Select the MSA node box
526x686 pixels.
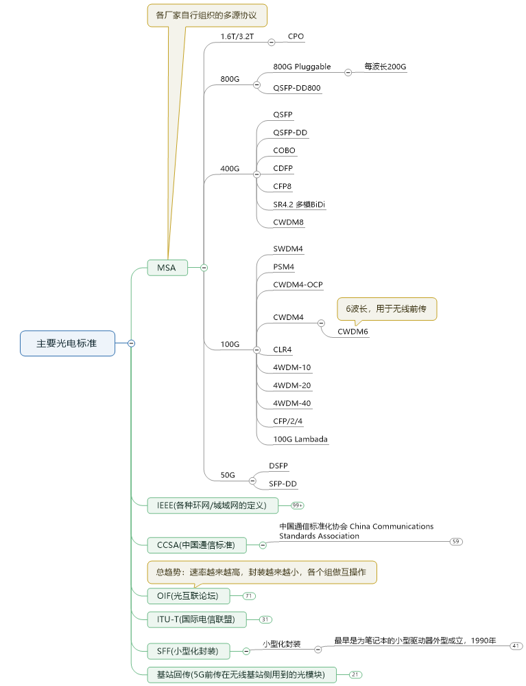click(x=167, y=267)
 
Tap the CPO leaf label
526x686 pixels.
click(x=296, y=36)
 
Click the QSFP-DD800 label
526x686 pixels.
click(x=297, y=88)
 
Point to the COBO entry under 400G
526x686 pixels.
click(x=285, y=150)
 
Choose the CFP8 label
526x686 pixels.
click(x=283, y=186)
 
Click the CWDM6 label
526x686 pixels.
click(x=352, y=332)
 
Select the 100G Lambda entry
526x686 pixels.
click(x=300, y=439)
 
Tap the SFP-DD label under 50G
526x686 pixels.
click(x=283, y=484)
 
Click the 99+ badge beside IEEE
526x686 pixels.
click(x=298, y=505)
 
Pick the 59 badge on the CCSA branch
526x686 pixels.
click(x=456, y=542)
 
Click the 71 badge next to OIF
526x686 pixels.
click(x=249, y=595)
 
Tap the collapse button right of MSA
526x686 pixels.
click(x=204, y=268)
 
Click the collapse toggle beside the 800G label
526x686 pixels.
click(x=257, y=84)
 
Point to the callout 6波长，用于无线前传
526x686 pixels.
click(x=387, y=309)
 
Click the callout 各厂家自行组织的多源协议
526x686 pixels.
click(x=207, y=15)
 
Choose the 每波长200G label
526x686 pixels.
click(x=385, y=67)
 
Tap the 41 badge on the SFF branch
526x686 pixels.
click(x=516, y=646)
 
